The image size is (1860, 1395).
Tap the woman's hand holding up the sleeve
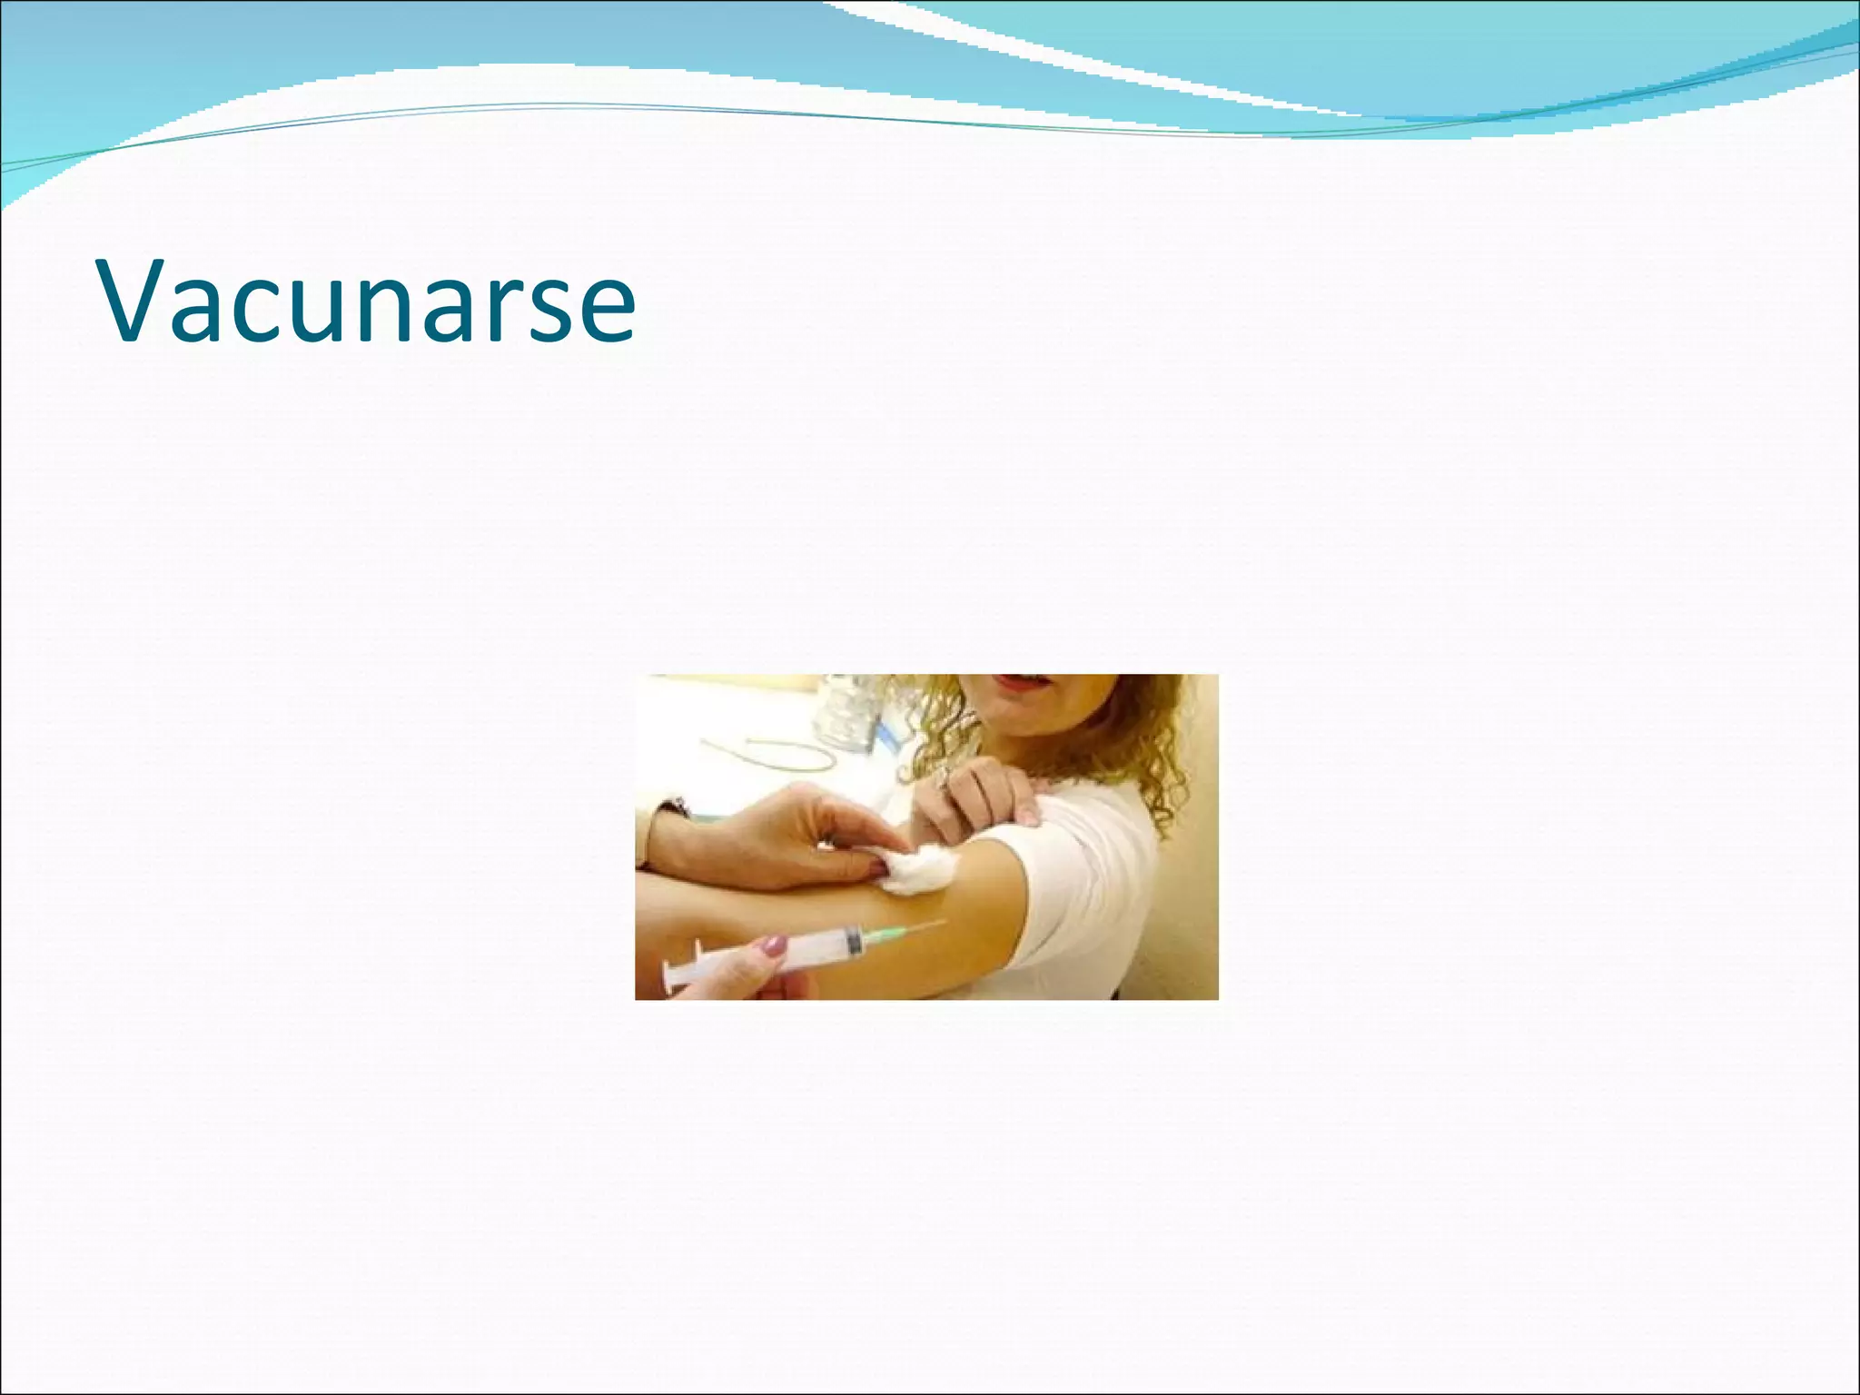976,795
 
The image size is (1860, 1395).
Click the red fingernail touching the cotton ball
879,870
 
